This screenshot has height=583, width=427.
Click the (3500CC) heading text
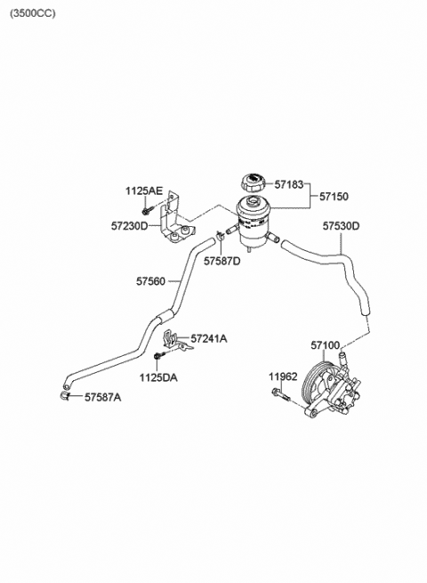(32, 13)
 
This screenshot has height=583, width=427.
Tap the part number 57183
(289, 184)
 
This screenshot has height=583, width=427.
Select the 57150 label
(334, 197)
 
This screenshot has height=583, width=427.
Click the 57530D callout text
(341, 226)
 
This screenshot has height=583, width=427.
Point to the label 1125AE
(144, 191)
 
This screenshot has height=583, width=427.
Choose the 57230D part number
(129, 226)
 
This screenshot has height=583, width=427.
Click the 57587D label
(222, 261)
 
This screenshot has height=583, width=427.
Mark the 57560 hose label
(150, 281)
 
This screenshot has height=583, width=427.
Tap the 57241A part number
(209, 338)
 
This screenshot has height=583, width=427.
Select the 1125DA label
(158, 377)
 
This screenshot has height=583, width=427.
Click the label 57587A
(102, 398)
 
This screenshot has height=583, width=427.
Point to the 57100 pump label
(326, 345)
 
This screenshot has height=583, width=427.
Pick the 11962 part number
(283, 377)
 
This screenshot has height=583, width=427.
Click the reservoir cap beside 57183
(254, 182)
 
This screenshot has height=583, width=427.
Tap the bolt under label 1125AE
(145, 211)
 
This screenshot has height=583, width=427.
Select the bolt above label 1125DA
(158, 355)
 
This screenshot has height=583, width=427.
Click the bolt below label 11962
(280, 394)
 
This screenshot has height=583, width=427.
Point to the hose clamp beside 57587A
(65, 395)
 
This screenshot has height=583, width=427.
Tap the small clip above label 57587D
(220, 235)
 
